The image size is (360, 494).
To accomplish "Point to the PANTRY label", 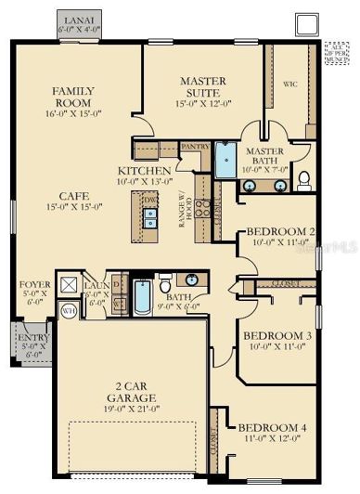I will (197, 147).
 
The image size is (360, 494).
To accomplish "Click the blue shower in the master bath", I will (226, 160).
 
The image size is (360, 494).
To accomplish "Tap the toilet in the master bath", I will (302, 176).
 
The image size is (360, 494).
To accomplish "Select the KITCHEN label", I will (144, 171).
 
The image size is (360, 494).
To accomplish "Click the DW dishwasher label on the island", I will (149, 199).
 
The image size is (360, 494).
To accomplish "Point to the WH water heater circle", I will (68, 311).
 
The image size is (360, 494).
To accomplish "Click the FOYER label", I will (35, 284).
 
